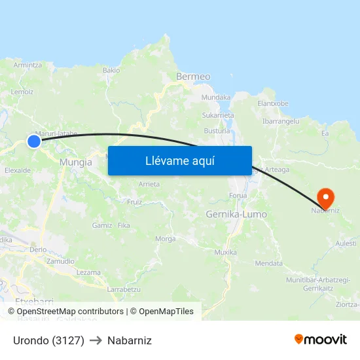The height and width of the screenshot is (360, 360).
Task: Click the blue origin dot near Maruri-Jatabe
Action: coord(34,141)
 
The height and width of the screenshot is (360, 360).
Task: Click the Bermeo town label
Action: coord(193,77)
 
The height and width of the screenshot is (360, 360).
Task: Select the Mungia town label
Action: coord(75,162)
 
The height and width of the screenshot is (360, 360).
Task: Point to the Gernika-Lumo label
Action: coord(236,214)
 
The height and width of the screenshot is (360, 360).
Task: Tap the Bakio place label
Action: coord(111,70)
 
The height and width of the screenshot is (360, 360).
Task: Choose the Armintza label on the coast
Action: coord(27,65)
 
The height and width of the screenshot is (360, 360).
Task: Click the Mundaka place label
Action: coord(216,98)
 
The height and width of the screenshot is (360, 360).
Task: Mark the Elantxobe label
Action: coord(273,103)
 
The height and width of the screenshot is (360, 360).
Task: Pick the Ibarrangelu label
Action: coord(281,121)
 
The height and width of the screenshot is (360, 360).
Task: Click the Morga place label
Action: coord(165,239)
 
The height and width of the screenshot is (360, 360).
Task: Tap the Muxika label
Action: coord(225,252)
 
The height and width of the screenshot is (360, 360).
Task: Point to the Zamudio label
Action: coord(60,261)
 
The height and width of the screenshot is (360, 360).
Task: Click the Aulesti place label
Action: coord(346,243)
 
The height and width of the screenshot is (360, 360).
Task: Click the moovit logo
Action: coord(321,339)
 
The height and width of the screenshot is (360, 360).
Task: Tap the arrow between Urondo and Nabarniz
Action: coord(96,341)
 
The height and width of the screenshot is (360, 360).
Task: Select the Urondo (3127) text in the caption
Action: coord(48,340)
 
